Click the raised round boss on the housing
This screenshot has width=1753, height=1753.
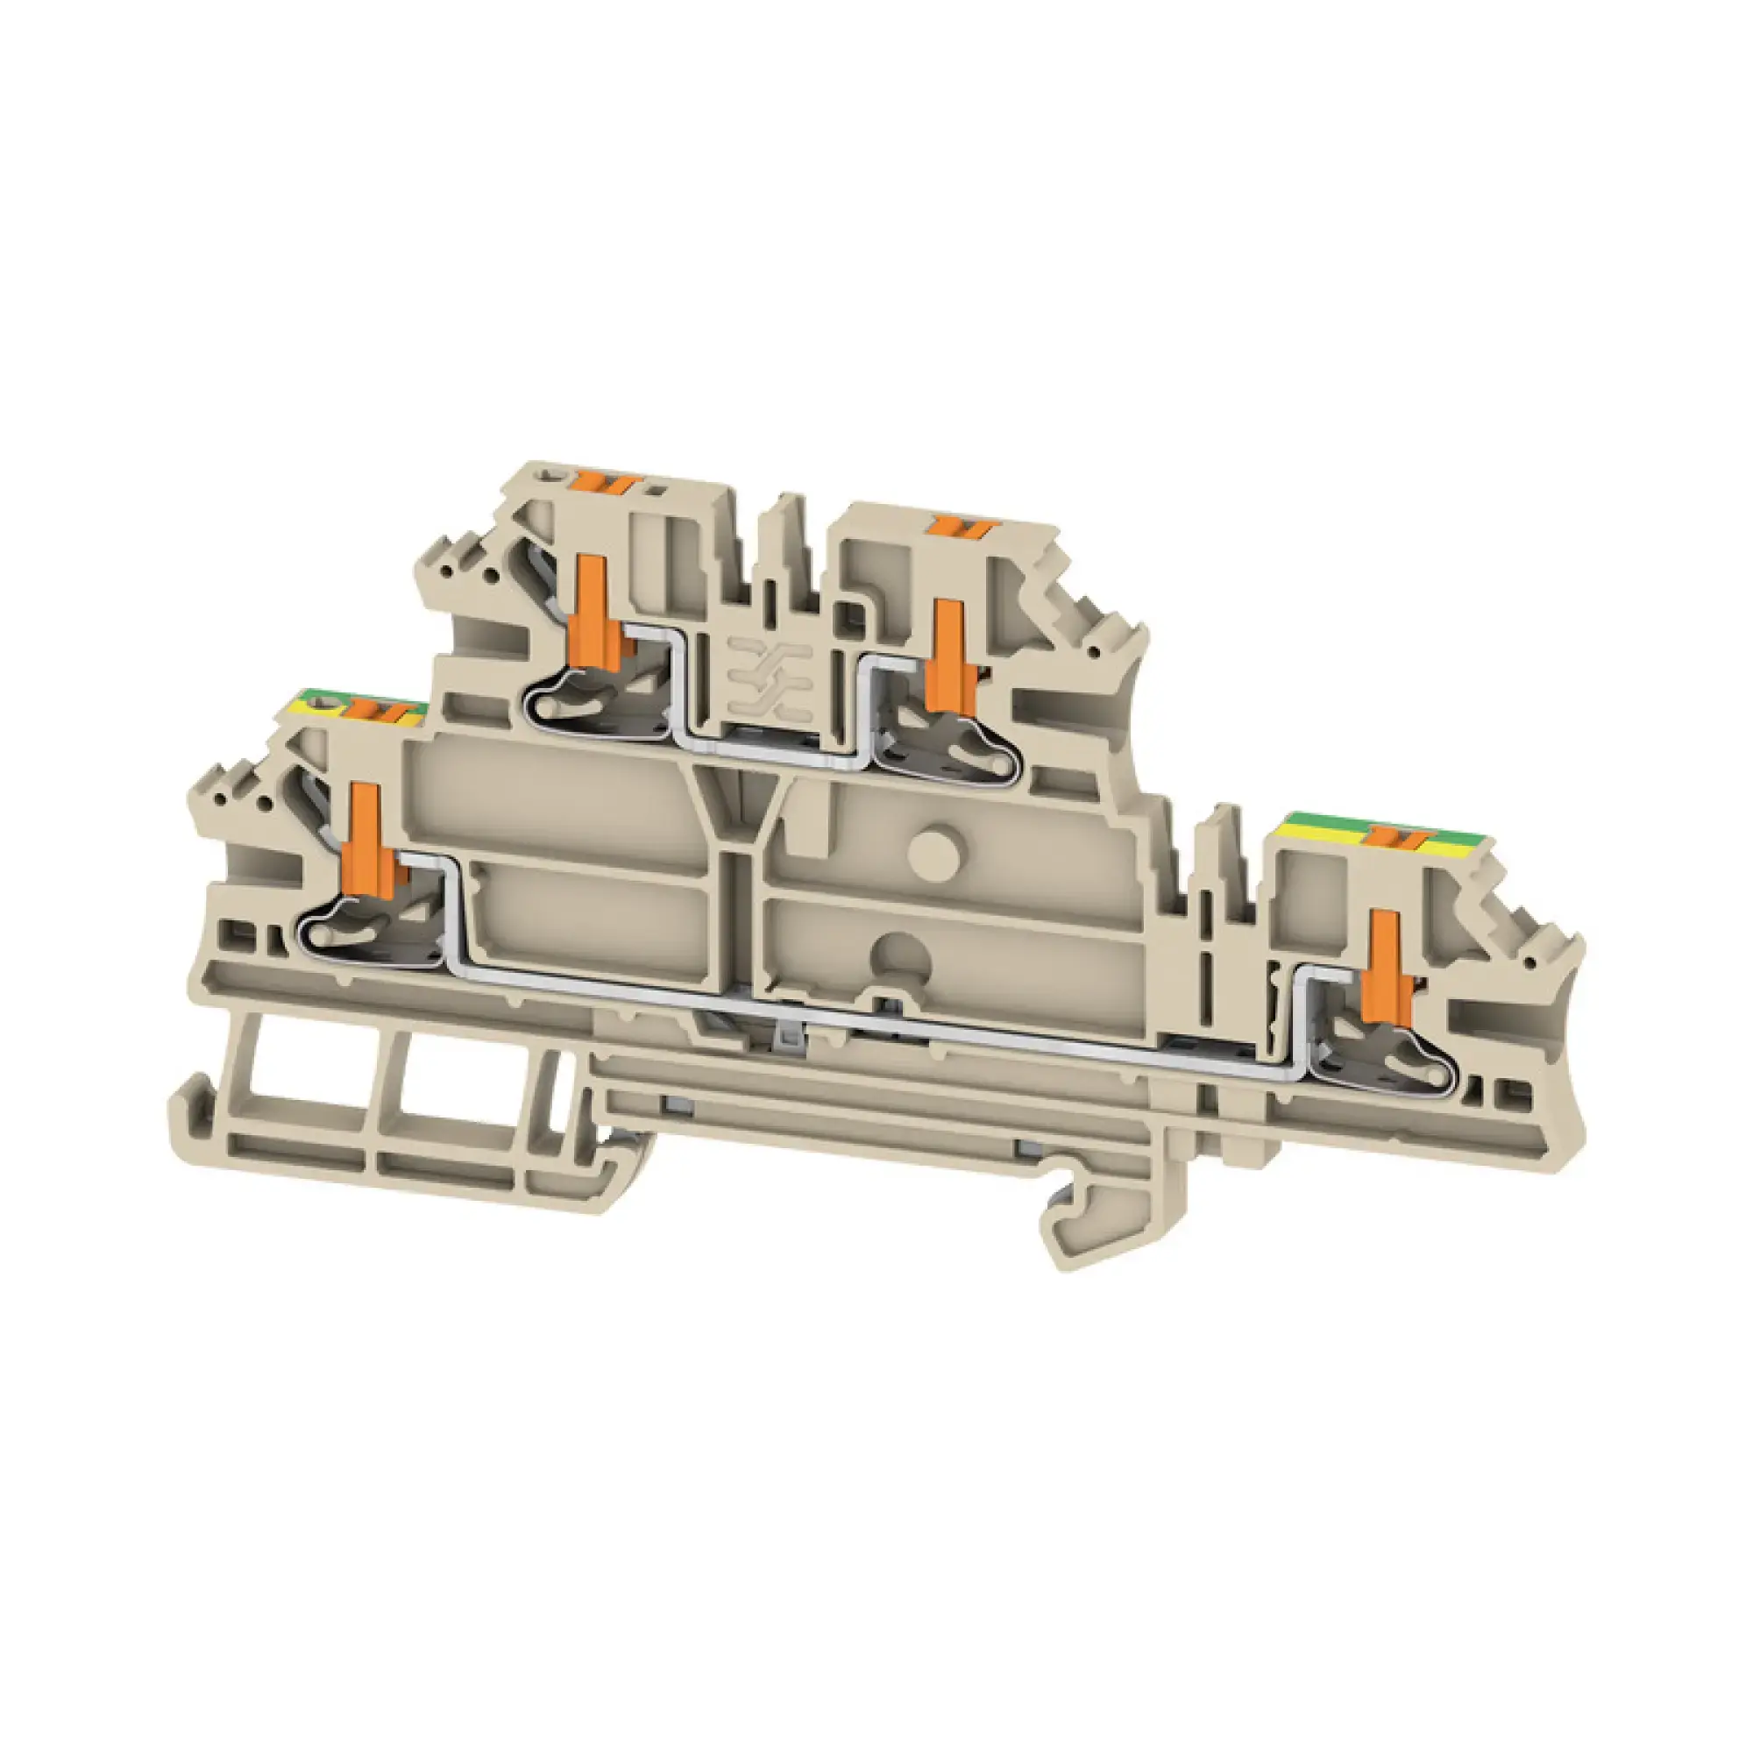click(936, 856)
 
